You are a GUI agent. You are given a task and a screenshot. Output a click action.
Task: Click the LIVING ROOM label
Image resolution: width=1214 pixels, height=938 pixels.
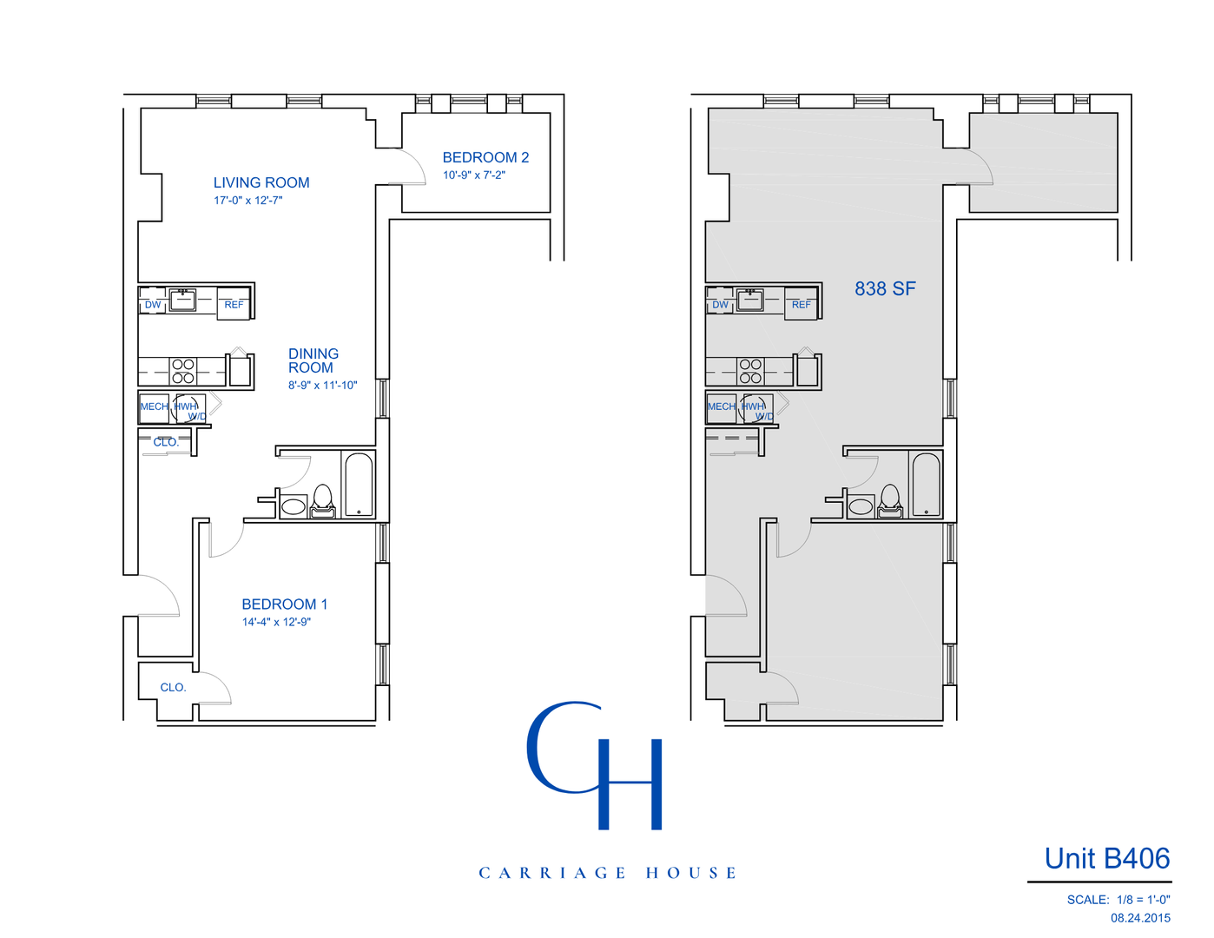coord(261,182)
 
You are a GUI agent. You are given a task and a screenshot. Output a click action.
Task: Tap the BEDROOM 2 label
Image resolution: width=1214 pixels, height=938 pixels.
coord(485,157)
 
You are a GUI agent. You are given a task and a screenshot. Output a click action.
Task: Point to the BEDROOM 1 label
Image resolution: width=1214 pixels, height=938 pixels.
coord(284,604)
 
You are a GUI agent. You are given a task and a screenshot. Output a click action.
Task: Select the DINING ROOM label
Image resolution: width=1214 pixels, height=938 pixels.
coord(313,360)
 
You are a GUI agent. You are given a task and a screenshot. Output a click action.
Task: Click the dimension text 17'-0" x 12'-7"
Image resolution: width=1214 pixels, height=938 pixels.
coord(248,201)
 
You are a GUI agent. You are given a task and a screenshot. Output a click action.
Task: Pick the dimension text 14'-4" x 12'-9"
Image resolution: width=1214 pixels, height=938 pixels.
coord(276,622)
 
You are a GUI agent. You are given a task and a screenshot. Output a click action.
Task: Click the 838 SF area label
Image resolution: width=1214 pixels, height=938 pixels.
coord(885,288)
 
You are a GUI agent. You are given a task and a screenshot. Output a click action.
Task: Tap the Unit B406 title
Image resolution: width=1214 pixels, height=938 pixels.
coord(1106,858)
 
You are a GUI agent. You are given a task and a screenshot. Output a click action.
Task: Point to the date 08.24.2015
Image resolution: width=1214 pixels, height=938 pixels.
coord(1140,918)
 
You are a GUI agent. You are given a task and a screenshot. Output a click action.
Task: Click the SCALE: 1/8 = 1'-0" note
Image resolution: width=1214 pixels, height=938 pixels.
coord(1118,900)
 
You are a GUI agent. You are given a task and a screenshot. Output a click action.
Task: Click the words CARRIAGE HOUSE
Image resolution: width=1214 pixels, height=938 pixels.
coord(607,873)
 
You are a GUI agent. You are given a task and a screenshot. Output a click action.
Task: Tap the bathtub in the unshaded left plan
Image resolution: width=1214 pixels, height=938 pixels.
coord(359,485)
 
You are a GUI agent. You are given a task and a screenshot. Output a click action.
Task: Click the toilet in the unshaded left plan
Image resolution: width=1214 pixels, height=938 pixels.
coord(323,501)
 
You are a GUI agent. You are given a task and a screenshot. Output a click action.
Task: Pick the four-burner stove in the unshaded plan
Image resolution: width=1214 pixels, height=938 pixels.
coord(183,371)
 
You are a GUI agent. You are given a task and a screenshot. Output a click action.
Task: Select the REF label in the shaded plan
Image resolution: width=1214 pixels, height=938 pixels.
coord(801,305)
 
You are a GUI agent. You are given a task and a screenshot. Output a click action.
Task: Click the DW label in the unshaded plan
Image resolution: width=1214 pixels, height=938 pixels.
coord(153,305)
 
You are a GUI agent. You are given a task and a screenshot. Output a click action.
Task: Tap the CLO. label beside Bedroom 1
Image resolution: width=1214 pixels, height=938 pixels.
coord(173,687)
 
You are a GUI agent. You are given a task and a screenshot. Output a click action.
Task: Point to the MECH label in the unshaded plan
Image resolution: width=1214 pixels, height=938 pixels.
coord(154,406)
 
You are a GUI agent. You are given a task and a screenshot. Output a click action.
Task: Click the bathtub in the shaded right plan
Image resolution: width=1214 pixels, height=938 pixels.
coord(926,485)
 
